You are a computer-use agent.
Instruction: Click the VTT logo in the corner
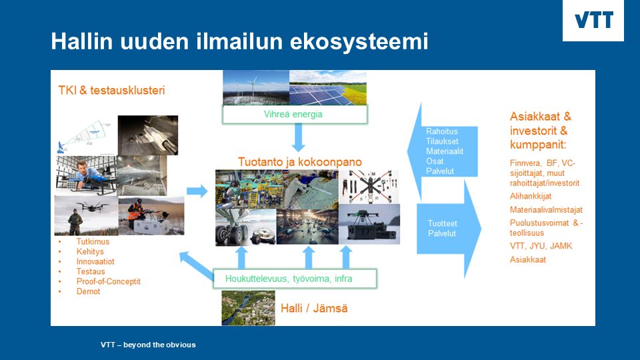coord(593,20)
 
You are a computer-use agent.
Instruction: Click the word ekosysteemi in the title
coord(359,41)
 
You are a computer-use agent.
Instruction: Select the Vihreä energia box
coord(295,114)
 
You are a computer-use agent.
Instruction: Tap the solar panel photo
coord(328,88)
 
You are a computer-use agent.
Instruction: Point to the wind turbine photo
coord(256,88)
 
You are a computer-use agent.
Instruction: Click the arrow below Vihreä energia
coord(299,137)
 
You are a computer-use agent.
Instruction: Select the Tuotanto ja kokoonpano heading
coord(300,161)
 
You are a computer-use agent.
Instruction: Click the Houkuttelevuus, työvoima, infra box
coord(295,279)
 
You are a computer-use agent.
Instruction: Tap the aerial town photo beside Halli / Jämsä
coord(248,308)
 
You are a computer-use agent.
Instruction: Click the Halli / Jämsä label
coord(314,308)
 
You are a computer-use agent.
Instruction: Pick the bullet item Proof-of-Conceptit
coord(108,281)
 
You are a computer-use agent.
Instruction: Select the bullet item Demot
coord(88,291)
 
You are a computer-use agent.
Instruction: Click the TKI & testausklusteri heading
coord(111,90)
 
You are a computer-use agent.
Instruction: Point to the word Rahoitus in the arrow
coord(441,131)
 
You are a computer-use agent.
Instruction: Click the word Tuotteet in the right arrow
coord(442,223)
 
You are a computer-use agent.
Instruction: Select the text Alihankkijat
coord(531,196)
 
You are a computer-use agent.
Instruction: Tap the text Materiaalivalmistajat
coord(546,210)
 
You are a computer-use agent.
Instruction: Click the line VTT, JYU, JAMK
coord(541,246)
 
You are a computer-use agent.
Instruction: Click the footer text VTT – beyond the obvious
coord(148,345)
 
